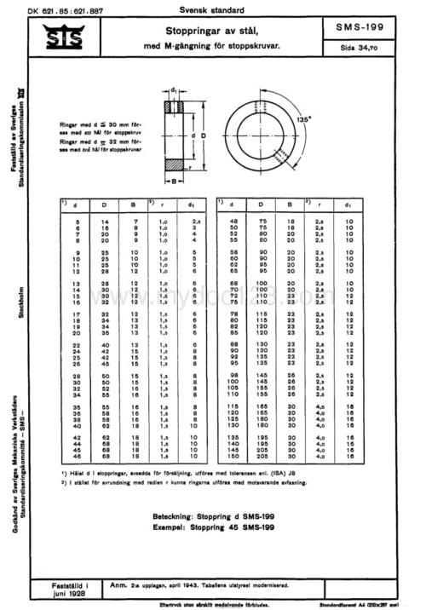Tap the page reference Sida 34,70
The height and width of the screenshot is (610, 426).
coord(368,49)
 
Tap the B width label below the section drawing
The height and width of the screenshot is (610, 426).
coord(173,181)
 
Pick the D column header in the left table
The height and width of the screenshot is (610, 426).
coord(104,204)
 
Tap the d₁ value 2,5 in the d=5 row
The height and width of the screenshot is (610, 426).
coord(193,222)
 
